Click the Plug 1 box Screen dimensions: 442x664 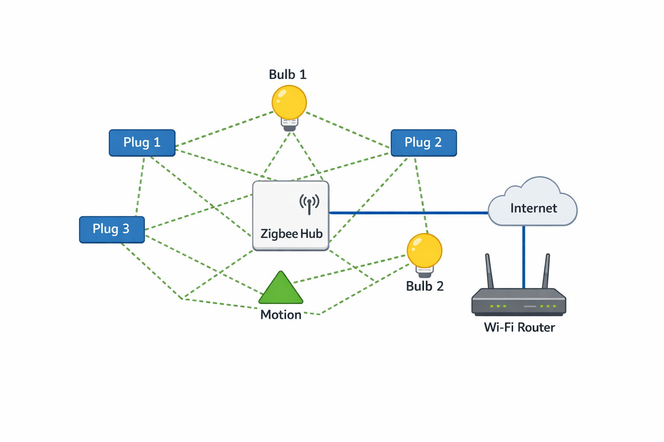(x=142, y=143)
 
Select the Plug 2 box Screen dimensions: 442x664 (x=424, y=143)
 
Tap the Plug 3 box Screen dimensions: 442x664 (x=112, y=230)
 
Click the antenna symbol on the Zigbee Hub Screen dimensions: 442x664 (x=309, y=204)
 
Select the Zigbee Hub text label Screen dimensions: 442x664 (x=291, y=234)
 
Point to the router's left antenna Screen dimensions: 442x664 (x=489, y=271)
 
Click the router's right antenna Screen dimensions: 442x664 (x=546, y=271)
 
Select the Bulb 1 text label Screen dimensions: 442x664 (x=287, y=75)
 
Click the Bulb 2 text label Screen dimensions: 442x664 (x=425, y=286)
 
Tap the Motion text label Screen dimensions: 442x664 (x=281, y=315)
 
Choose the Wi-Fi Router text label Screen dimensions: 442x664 (x=519, y=327)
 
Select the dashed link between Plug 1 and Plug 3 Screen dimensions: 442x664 (x=140, y=186)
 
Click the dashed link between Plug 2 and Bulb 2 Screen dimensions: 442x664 (x=421, y=194)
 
